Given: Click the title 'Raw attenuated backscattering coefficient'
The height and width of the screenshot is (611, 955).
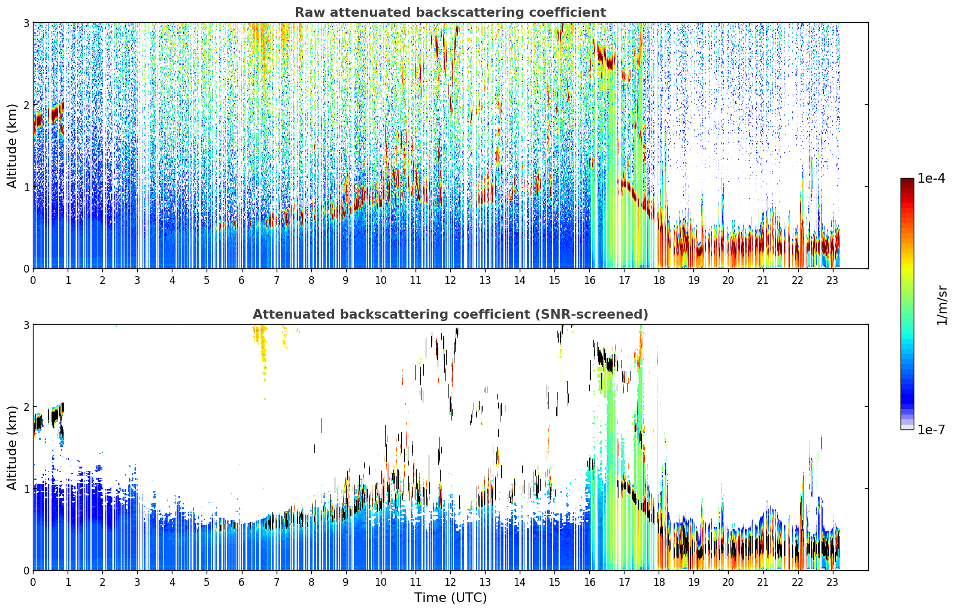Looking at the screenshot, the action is [450, 13].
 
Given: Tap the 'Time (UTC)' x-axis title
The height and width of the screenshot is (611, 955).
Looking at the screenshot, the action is [450, 597].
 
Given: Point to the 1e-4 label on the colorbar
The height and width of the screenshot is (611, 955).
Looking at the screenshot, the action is [931, 179].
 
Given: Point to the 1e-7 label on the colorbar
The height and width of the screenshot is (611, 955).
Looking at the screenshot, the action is [931, 429].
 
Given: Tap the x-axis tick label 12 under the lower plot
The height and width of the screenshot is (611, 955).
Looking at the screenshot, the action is [450, 582].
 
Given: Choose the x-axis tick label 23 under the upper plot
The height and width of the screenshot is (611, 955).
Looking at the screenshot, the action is [832, 280].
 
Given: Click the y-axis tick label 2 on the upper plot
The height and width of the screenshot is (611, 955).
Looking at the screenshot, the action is [26, 105].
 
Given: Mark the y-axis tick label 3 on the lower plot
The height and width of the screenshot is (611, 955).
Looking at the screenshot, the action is [26, 325].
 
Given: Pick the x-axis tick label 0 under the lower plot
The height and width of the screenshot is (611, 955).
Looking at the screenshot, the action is [34, 582].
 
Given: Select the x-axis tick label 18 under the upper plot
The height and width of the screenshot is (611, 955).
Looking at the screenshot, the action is [659, 280].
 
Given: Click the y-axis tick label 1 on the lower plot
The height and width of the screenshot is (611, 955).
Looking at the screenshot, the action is [26, 489].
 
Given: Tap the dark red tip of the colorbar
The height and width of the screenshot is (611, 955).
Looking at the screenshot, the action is [907, 180].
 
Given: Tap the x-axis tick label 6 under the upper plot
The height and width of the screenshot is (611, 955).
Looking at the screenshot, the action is [242, 280].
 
